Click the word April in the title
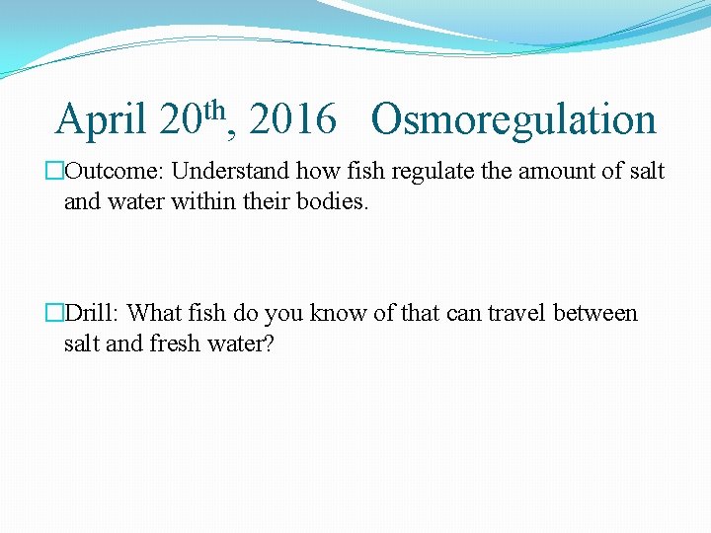click(x=102, y=120)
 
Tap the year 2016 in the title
click(x=292, y=120)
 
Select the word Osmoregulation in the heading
click(x=513, y=120)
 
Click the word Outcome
click(x=111, y=172)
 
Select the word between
click(x=595, y=314)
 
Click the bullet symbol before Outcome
click(x=55, y=172)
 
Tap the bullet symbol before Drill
click(x=55, y=314)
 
